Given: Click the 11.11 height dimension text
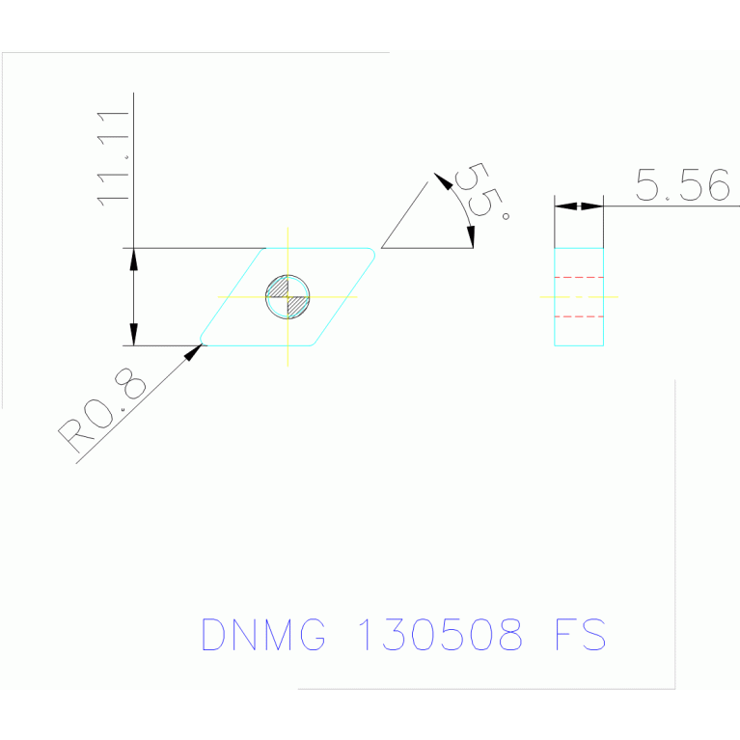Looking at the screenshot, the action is pyautogui.click(x=113, y=159).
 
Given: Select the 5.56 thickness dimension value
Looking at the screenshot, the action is pyautogui.click(x=682, y=184).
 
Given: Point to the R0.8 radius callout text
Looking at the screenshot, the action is pyautogui.click(x=102, y=410).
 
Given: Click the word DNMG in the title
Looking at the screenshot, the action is pyautogui.click(x=263, y=634).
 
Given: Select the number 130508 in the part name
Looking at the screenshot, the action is pyautogui.click(x=440, y=634).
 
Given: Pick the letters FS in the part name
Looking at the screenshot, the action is pyautogui.click(x=580, y=634).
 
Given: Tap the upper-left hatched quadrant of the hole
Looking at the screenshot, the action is pyautogui.click(x=279, y=288).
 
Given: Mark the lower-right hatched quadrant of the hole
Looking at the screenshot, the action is pyautogui.click(x=297, y=307).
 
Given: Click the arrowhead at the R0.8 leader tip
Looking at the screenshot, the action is pyautogui.click(x=193, y=352).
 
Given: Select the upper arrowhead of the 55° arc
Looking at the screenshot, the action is pyautogui.click(x=443, y=180).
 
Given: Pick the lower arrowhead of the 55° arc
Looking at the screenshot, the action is pyautogui.click(x=471, y=237).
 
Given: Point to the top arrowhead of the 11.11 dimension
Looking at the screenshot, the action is pyautogui.click(x=134, y=260).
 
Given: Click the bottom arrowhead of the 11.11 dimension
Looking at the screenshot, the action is pyautogui.click(x=134, y=335).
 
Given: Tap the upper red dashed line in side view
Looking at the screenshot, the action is pyautogui.click(x=579, y=278).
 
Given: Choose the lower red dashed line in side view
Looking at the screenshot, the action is pyautogui.click(x=579, y=316).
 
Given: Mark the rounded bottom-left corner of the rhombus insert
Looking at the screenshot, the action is pyautogui.click(x=202, y=340).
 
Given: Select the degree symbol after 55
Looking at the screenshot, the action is pyautogui.click(x=506, y=217).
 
